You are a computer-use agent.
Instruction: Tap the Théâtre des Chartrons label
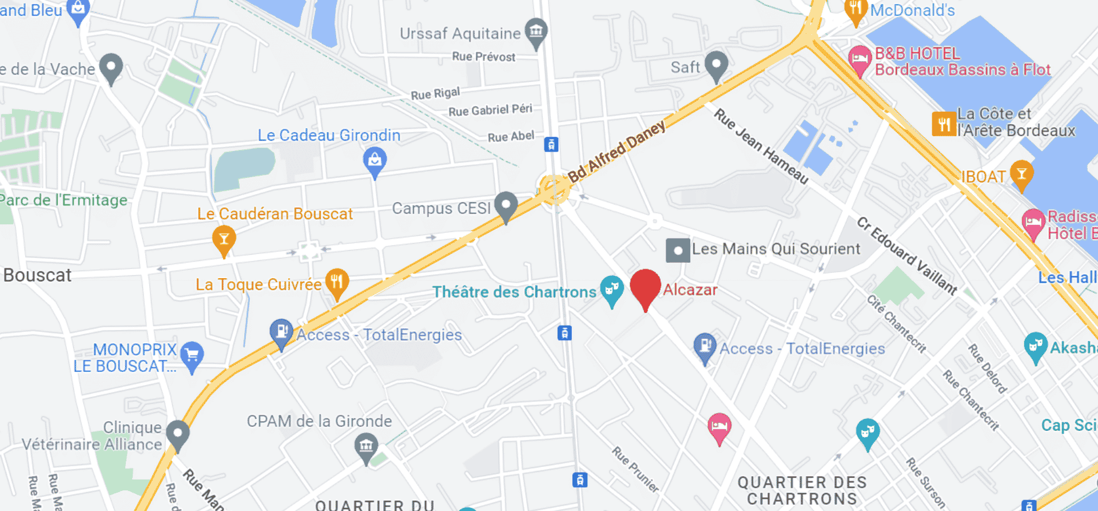tap(514, 292)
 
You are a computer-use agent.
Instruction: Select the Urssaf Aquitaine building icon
tap(536, 32)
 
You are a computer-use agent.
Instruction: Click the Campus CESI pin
tap(506, 205)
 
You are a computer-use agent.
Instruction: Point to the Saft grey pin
tap(716, 65)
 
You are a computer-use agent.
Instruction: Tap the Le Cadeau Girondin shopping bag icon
tap(375, 160)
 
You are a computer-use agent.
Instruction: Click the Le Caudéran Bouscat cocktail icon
tap(224, 239)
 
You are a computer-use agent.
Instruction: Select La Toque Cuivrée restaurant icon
tap(337, 282)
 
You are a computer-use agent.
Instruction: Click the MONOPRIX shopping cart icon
tap(192, 355)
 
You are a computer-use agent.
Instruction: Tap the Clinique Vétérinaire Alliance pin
tap(177, 434)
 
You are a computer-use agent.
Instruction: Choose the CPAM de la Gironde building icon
tap(366, 446)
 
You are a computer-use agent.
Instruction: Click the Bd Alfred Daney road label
tap(616, 151)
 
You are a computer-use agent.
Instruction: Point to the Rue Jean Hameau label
tap(761, 146)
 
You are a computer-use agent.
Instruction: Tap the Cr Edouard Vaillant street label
tap(906, 255)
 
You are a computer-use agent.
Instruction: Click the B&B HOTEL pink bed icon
tap(859, 59)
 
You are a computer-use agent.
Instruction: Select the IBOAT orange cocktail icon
tap(1021, 173)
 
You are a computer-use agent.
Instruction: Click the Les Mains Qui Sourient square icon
tap(678, 251)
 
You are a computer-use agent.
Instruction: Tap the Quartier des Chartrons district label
tap(802, 490)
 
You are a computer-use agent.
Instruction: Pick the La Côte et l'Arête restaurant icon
tap(944, 123)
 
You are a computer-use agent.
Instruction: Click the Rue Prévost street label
tap(483, 57)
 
